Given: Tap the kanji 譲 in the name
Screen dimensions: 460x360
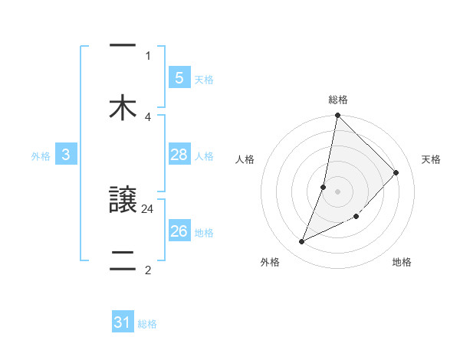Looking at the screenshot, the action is coord(123,201).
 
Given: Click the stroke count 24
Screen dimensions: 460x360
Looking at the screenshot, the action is coord(148,208).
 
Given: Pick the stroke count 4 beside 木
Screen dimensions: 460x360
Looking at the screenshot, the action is coord(148,116).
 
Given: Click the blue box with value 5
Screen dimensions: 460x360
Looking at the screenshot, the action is coord(179,78).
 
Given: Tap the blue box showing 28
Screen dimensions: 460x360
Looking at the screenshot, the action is coord(179,155).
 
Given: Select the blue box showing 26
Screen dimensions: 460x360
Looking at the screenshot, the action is coord(179,231).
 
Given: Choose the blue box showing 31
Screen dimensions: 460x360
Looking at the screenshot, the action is coord(123,323).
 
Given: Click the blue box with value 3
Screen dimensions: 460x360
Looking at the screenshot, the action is coord(66,155).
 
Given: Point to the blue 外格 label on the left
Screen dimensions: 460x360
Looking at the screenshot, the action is coord(41,156).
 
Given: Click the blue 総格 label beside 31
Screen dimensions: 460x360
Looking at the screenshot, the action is coord(147,324).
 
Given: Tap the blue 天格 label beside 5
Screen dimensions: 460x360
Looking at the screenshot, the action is coord(204,79).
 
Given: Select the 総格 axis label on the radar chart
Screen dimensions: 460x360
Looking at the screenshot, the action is coord(338,100).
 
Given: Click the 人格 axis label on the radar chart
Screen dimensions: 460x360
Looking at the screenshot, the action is coord(245,159).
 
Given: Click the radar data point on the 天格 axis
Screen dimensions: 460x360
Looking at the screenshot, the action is coord(396,172).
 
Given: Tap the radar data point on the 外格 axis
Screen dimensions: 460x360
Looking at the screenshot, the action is coord(302,242).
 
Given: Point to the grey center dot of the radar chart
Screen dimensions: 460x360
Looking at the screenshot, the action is coord(338,191).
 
